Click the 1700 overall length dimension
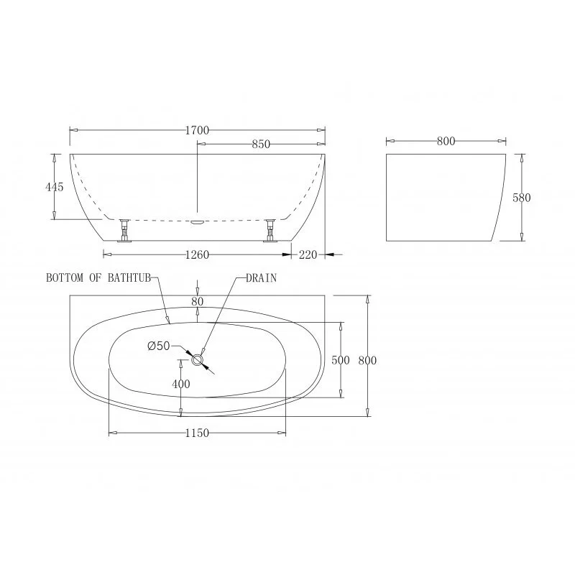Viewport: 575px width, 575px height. pyautogui.click(x=197, y=130)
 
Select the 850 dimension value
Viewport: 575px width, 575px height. pyautogui.click(x=260, y=144)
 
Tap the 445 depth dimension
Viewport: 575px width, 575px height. pyautogui.click(x=55, y=187)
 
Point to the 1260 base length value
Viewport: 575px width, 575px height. pyautogui.click(x=197, y=254)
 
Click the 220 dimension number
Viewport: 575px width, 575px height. pyautogui.click(x=308, y=254)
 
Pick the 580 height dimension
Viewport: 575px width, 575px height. pyautogui.click(x=522, y=198)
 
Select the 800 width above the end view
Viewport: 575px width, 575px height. pyautogui.click(x=446, y=141)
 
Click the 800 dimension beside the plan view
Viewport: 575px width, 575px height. pyautogui.click(x=368, y=359)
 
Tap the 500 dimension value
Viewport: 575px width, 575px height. pyautogui.click(x=341, y=359)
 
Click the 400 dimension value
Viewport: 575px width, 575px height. pyautogui.click(x=181, y=385)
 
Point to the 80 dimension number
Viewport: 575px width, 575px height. pyautogui.click(x=197, y=301)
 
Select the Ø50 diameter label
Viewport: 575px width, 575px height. pyautogui.click(x=158, y=346)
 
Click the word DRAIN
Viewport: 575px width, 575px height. pyautogui.click(x=261, y=277)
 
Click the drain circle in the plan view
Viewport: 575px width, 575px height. pyautogui.click(x=198, y=359)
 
